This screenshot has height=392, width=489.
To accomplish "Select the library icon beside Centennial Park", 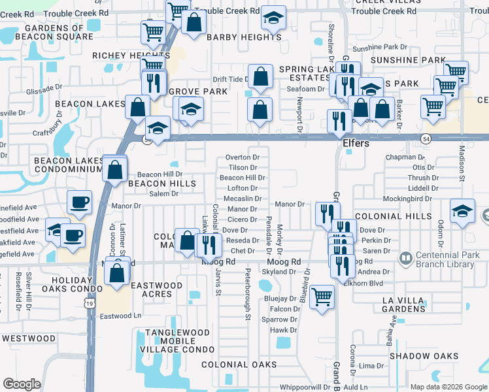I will click(x=405, y=259).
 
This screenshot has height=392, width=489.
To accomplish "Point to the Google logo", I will click(x=22, y=384).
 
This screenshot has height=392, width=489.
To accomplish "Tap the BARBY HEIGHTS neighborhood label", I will click(x=244, y=37).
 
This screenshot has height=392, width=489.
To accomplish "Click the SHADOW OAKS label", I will click(x=424, y=355).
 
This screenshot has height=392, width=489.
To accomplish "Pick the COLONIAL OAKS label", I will click(x=234, y=365).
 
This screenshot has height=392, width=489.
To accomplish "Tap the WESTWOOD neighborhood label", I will click(x=28, y=338).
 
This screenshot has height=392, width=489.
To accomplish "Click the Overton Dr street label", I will click(x=242, y=157).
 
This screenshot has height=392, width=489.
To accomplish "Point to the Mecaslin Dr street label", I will click(x=242, y=199).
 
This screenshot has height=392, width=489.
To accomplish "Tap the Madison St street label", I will click(x=461, y=167).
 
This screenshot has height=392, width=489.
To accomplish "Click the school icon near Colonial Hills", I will click(x=462, y=211).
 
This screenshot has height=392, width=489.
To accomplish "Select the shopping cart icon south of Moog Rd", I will click(x=322, y=296).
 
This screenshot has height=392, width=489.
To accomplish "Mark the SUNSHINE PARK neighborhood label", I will click(x=408, y=60).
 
